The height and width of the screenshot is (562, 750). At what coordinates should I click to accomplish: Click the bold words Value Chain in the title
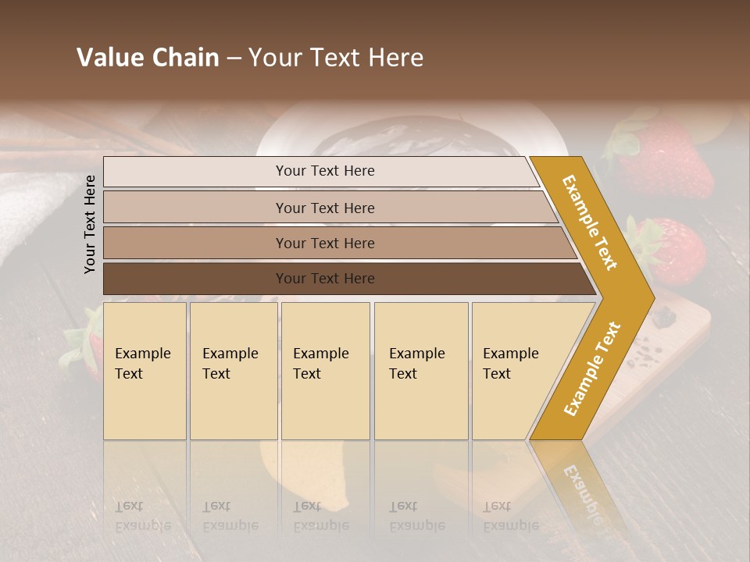click(148, 58)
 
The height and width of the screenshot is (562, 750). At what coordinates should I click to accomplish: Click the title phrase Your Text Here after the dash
click(336, 58)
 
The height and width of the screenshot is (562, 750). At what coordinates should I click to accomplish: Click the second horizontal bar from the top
click(324, 208)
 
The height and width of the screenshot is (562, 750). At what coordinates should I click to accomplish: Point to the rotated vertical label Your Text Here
click(90, 224)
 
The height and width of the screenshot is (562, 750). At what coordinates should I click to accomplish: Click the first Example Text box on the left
click(145, 371)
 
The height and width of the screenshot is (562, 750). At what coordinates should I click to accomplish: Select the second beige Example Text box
click(233, 371)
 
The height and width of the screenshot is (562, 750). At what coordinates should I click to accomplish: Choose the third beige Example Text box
click(325, 371)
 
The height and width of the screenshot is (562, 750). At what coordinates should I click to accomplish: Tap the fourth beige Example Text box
click(421, 371)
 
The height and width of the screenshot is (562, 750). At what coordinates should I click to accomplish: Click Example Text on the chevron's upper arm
click(590, 222)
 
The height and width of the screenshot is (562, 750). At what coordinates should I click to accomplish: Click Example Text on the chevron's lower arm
click(591, 369)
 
